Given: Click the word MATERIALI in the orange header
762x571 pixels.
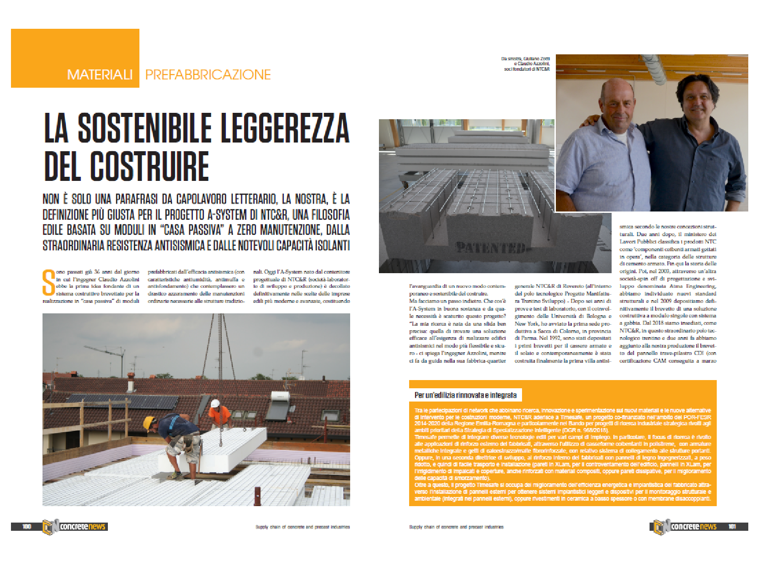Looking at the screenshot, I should pos(100,75).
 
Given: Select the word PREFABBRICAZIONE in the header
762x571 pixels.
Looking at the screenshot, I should pos(208,75).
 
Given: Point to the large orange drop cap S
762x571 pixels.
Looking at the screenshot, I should pos(48,283).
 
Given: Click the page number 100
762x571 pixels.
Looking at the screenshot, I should pos(27,527).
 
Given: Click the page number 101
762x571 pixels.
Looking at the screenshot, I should pos(732,527).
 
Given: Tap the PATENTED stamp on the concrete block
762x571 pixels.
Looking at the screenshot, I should pos(490,248).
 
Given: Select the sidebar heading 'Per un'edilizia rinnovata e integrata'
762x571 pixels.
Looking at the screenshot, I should pos(465,395).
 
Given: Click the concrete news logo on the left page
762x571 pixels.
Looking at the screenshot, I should pos(75,527).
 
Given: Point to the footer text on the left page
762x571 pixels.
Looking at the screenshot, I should pos(302,527).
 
